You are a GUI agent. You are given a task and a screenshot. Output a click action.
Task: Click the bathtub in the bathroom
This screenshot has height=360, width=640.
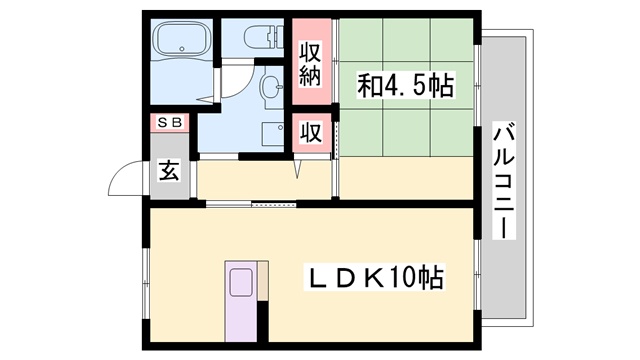[182, 38]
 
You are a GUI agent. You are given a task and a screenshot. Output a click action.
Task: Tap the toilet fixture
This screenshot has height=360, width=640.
[264, 36]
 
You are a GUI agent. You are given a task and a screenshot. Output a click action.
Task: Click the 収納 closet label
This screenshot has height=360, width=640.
[311, 63]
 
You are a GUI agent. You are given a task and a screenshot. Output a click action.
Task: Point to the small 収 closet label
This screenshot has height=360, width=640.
[311, 132]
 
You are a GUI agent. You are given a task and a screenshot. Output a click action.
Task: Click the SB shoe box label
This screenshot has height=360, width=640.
[169, 122]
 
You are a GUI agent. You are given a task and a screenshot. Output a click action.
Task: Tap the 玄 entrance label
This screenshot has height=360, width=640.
[169, 171]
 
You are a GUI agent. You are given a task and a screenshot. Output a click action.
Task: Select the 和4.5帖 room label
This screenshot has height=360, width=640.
[405, 85]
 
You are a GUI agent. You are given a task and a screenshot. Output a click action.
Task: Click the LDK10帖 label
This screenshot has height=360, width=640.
[375, 278]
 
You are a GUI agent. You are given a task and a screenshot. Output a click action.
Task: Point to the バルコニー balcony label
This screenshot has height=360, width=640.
[504, 180]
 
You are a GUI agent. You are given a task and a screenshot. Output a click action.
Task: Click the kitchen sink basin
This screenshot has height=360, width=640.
[241, 282]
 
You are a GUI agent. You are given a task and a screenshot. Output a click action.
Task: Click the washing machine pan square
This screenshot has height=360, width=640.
[273, 133]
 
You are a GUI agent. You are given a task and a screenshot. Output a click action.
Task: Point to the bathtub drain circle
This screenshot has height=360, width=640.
[182, 49]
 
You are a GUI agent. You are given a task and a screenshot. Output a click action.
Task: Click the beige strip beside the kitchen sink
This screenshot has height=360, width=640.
[263, 281]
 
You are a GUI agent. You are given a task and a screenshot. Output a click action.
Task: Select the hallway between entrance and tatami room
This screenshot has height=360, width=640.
[264, 180]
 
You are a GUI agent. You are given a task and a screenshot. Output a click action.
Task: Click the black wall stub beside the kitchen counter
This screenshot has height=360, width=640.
[263, 322]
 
